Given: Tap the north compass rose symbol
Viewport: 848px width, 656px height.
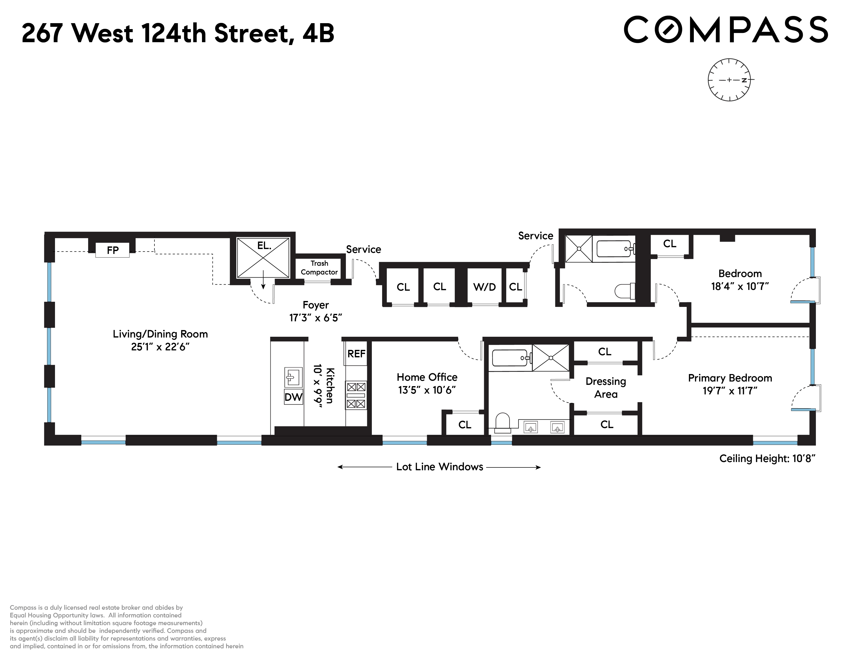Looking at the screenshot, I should coord(729,80).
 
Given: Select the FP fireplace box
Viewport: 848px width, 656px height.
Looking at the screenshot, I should coord(113,250).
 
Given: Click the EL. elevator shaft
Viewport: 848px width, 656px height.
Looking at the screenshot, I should coord(263,257).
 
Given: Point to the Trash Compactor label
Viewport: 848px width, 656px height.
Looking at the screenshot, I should coord(319,268).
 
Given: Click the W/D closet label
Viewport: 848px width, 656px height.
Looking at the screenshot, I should coord(484,287).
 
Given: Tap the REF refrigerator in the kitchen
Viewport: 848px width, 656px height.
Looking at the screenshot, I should coord(356,354).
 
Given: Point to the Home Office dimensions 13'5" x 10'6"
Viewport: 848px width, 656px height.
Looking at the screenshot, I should coord(427,390).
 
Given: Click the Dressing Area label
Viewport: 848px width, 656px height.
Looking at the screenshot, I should coord(606,387).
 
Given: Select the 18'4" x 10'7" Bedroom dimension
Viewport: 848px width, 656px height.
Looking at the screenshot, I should coord(740,286).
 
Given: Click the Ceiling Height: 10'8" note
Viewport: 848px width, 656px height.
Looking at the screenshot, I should coord(767,459).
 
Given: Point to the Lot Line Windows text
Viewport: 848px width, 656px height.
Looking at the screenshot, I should coord(439,467).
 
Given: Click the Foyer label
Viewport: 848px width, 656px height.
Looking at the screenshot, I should coord(315,305).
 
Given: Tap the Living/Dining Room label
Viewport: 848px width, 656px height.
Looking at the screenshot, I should coord(160,334).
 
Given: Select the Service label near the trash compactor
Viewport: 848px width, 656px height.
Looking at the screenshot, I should coord(363,250).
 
